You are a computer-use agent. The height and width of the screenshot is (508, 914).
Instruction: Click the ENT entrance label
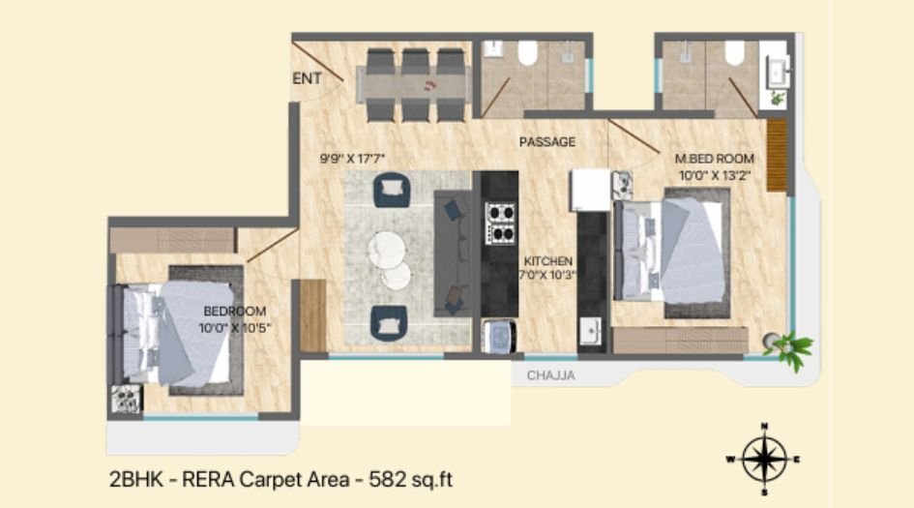[x=307, y=79]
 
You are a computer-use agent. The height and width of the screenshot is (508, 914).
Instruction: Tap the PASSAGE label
[x=546, y=142]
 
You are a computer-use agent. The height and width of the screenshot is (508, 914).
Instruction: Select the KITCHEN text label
[x=548, y=261]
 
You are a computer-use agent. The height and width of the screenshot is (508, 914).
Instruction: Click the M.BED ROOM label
[x=715, y=159]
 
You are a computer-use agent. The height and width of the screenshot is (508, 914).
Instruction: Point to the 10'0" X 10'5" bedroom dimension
[x=234, y=328]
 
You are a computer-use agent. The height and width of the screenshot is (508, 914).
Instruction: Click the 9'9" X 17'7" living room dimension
[x=359, y=156]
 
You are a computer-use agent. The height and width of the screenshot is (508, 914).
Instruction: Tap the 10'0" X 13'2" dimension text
[x=716, y=176]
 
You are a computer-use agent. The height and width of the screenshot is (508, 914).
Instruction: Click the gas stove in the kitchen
[x=500, y=222]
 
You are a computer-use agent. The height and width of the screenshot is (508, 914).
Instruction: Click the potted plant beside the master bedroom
[x=791, y=348]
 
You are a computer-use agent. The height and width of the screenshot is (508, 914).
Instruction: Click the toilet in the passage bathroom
[x=527, y=52]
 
